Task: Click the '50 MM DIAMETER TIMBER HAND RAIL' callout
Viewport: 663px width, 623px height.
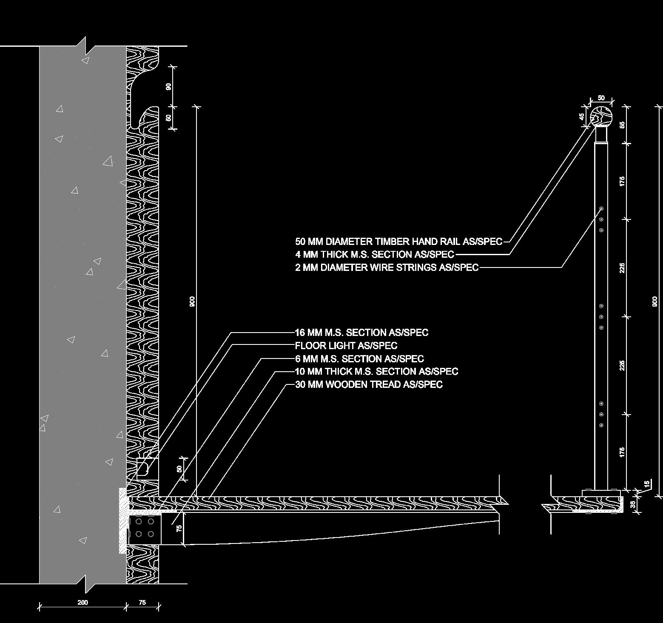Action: point(398,242)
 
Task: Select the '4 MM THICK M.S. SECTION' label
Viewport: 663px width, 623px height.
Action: point(374,254)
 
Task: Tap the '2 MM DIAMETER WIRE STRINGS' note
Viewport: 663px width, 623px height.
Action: point(387,267)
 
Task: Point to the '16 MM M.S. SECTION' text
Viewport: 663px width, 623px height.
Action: point(361,333)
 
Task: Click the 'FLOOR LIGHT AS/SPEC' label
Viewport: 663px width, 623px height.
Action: point(346,345)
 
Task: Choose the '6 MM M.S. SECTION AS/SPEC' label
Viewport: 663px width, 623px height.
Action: point(359,358)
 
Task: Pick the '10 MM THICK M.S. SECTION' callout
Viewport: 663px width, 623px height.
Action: point(376,371)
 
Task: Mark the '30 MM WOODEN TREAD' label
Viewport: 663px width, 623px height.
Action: point(369,384)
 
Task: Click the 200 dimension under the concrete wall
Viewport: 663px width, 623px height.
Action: point(83,602)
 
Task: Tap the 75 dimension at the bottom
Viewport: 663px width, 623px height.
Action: point(142,602)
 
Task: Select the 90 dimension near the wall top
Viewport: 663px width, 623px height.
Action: point(169,86)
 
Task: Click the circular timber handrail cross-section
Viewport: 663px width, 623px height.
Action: point(602,116)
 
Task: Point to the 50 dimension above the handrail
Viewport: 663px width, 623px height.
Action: point(601,98)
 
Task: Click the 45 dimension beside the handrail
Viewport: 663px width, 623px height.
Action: point(582,116)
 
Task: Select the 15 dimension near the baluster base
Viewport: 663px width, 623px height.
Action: point(647,484)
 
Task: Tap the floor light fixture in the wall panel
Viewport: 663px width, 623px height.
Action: point(143,468)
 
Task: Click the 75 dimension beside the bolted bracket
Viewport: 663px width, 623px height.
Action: point(179,528)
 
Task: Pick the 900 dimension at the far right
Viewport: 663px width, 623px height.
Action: point(655,301)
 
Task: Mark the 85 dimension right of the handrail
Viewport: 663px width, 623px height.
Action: point(622,125)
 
